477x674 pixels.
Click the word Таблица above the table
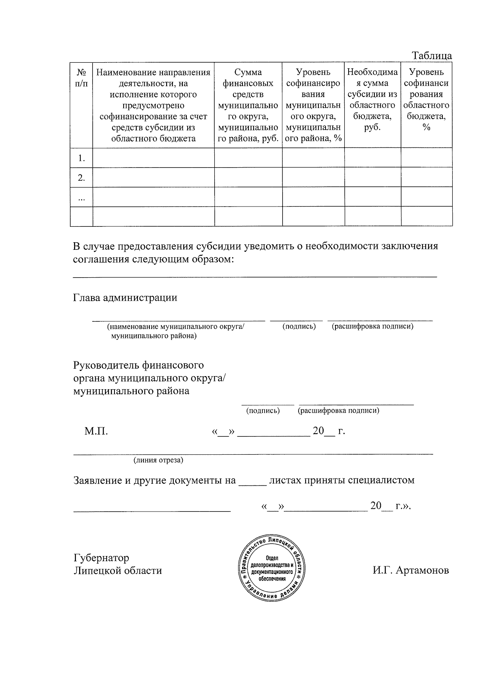(432, 56)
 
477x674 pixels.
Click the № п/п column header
(81, 78)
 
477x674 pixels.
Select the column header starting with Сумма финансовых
(248, 105)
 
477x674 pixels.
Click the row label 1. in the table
(81, 158)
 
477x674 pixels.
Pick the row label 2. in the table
(81, 178)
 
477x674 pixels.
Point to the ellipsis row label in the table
(81, 197)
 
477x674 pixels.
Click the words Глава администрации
(125, 297)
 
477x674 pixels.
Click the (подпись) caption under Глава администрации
(299, 326)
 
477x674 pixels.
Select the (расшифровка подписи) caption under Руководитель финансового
(338, 411)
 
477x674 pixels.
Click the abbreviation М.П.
(96, 431)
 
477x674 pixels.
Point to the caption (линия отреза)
(158, 460)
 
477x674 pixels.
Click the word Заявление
(97, 480)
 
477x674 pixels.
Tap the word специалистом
(381, 480)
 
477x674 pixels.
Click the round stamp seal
(272, 568)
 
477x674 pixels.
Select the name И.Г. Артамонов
(411, 570)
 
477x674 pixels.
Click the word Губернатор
(101, 558)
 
